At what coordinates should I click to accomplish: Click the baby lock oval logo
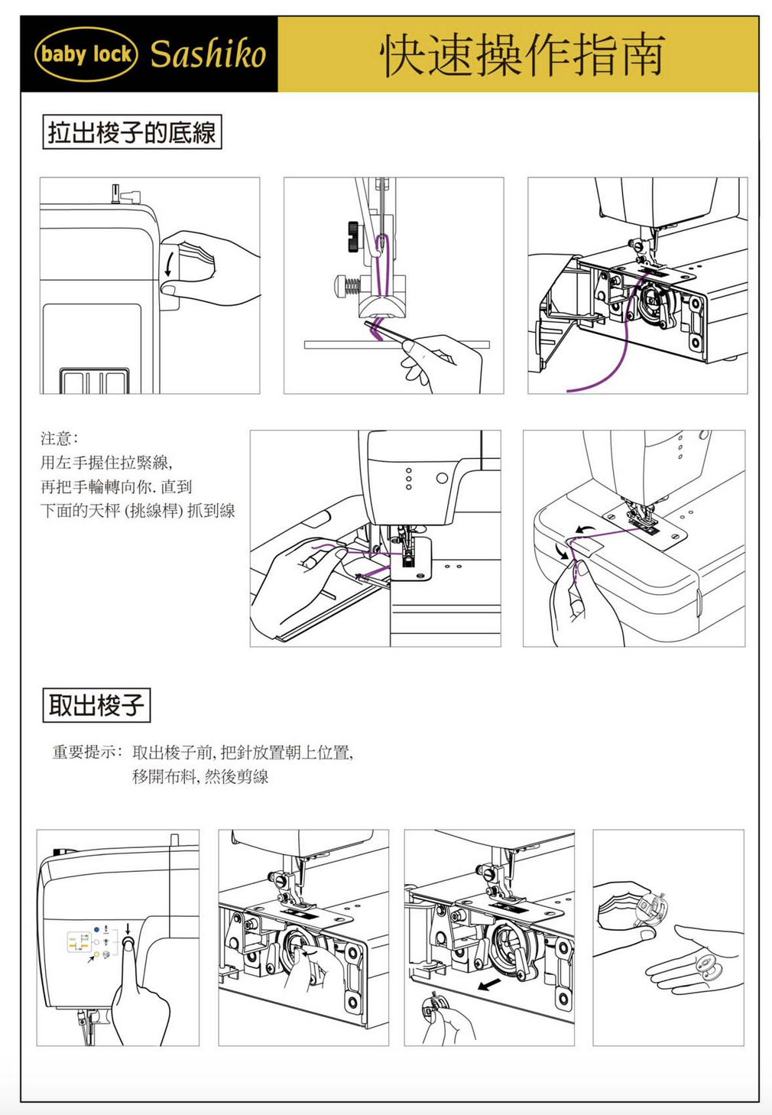tap(86, 54)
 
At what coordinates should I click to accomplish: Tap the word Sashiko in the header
tap(208, 54)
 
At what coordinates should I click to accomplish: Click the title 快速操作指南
tap(522, 55)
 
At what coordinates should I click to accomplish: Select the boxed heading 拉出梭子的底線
tap(131, 132)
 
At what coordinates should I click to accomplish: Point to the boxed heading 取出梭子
tap(96, 704)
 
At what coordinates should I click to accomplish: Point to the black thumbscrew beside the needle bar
tap(353, 236)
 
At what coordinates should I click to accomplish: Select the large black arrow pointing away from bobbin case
tap(489, 983)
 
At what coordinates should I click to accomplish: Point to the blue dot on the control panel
tap(96, 928)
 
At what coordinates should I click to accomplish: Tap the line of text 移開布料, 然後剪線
tap(200, 777)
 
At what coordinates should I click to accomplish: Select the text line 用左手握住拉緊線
tap(106, 462)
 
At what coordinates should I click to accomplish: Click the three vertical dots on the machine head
tap(409, 479)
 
